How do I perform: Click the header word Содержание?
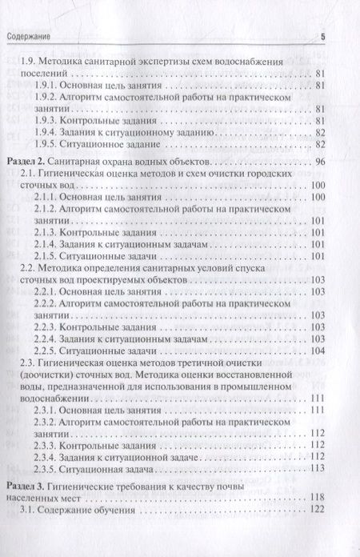point(30,36)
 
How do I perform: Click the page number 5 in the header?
point(323,36)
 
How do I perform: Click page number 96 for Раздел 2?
point(320,162)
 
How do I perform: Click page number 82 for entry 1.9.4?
point(320,132)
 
